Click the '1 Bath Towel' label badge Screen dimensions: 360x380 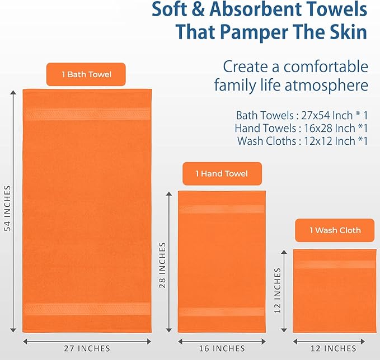(86, 74)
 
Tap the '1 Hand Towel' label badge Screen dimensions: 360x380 (222, 174)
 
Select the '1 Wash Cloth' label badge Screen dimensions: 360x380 (335, 230)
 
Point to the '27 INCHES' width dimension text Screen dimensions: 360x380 (87, 348)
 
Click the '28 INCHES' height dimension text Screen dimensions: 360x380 (163, 264)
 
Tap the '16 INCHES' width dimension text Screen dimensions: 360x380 (221, 348)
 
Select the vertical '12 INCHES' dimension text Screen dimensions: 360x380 (278, 291)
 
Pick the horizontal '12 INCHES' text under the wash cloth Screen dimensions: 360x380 (334, 348)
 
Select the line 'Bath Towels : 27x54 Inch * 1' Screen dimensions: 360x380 (302, 116)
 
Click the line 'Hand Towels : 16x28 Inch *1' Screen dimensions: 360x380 (301, 128)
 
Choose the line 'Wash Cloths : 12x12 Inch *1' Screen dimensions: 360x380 (302, 141)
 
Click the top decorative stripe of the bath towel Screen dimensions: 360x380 (87, 114)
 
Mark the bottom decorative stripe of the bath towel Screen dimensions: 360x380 (87, 309)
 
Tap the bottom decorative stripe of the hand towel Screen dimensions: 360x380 (221, 311)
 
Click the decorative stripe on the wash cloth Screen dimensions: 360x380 (334, 264)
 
